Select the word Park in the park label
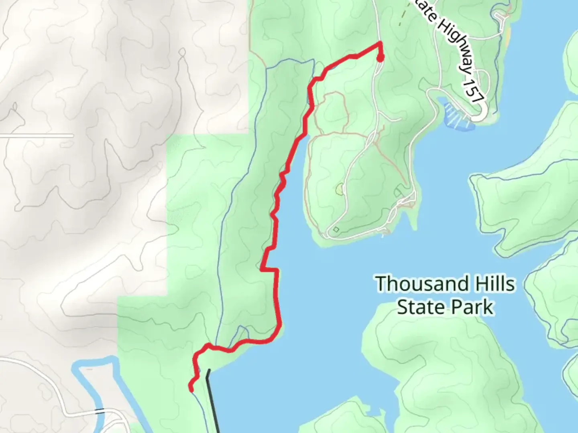pyautogui.click(x=472, y=307)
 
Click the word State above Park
pyautogui.click(x=421, y=307)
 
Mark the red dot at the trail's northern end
pyautogui.click(x=380, y=59)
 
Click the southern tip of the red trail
pyautogui.click(x=191, y=388)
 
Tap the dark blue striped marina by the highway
pyautogui.click(x=458, y=116)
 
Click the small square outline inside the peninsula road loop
pyautogui.click(x=336, y=229)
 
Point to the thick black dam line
pyautogui.click(x=213, y=401)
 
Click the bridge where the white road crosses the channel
pyautogui.click(x=100, y=411)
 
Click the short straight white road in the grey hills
pyautogui.click(x=36, y=136)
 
